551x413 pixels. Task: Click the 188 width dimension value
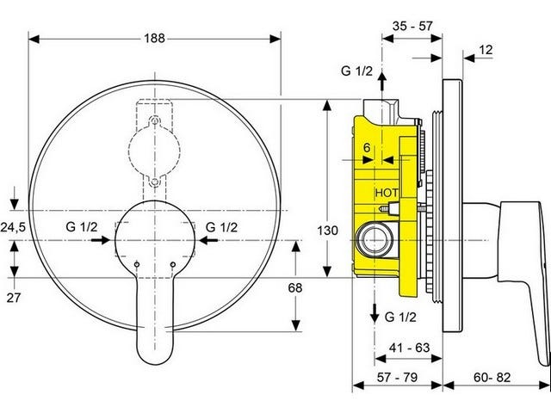click(x=154, y=38)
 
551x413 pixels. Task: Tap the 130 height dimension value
click(x=327, y=231)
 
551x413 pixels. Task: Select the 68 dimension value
click(x=295, y=288)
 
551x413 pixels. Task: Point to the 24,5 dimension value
click(x=13, y=227)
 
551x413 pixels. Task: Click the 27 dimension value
click(x=14, y=298)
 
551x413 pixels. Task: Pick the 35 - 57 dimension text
click(x=412, y=26)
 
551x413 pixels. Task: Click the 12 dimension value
click(x=486, y=50)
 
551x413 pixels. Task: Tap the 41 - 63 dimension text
click(x=410, y=348)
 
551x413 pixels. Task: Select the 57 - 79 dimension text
click(x=398, y=378)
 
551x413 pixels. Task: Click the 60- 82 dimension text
click(x=492, y=378)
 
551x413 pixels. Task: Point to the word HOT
click(x=387, y=193)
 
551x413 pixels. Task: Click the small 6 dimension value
click(x=367, y=148)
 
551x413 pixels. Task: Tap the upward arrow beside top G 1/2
click(x=382, y=82)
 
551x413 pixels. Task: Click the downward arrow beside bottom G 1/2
click(x=375, y=313)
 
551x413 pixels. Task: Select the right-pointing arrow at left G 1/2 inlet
click(x=101, y=240)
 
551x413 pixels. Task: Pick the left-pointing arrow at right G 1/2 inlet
click(x=208, y=240)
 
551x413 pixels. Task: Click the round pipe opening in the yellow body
click(x=375, y=241)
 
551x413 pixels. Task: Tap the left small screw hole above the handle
click(x=137, y=264)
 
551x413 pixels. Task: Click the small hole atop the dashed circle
click(x=155, y=121)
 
